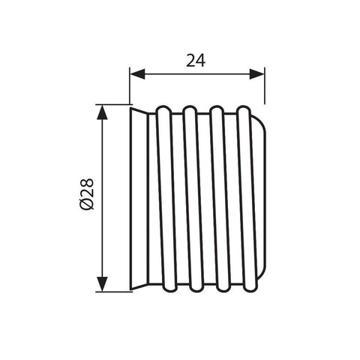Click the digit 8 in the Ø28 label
(x=85, y=182)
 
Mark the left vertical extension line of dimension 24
(x=130, y=86)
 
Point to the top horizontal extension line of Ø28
(x=112, y=103)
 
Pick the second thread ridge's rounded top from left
(x=190, y=109)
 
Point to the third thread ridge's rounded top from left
(x=217, y=109)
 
